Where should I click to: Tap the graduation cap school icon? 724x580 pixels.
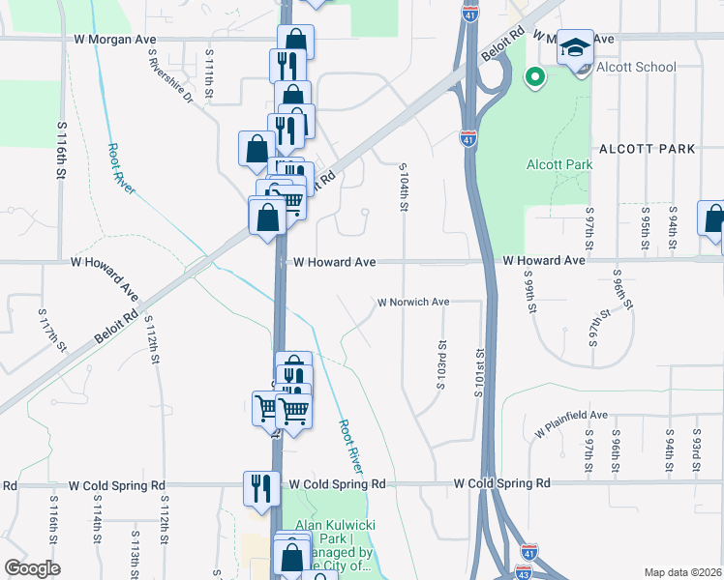coord(574,47)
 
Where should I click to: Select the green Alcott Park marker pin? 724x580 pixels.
coord(533,75)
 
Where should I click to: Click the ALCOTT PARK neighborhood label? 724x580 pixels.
coord(648,149)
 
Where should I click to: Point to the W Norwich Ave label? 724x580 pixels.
coord(413,303)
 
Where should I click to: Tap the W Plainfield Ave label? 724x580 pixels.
coord(567,416)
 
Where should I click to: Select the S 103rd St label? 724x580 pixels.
coord(441,363)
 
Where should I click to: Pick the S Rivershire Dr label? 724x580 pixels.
coord(170,76)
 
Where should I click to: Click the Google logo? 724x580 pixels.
coord(32,568)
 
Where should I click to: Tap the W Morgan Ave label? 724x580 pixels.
coord(114,40)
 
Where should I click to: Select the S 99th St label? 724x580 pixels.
coord(529,291)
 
